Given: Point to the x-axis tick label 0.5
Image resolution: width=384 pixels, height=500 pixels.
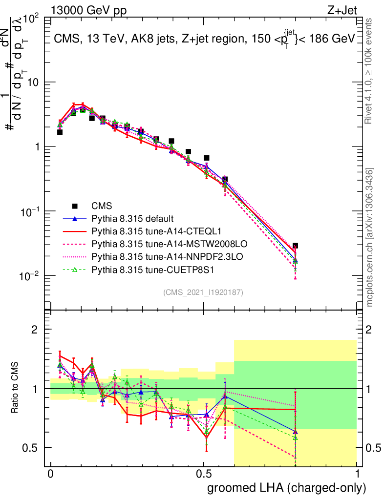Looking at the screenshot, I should (204, 474).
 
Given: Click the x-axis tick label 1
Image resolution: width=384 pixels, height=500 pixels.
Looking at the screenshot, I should (357, 474).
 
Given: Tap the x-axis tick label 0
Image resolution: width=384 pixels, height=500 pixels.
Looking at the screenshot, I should (50, 474).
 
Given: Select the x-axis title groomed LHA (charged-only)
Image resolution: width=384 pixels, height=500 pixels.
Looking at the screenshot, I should (287, 487).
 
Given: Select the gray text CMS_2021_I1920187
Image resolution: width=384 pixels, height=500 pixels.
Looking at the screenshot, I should (203, 292).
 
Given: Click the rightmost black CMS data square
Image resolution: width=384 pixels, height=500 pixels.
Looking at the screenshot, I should (295, 246).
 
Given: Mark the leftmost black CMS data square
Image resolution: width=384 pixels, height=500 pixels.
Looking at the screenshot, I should (60, 132).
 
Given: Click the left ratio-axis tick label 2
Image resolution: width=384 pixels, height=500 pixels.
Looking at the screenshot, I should (35, 330).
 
